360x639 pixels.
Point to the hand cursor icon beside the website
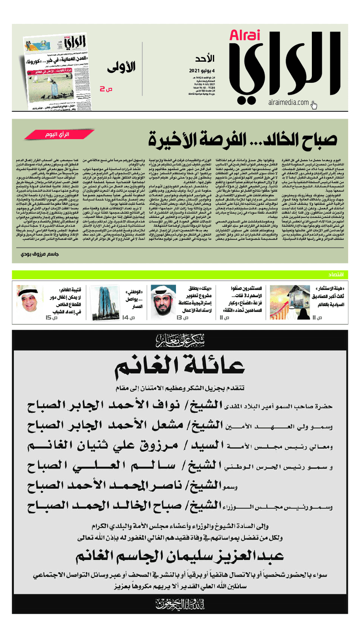314,105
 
